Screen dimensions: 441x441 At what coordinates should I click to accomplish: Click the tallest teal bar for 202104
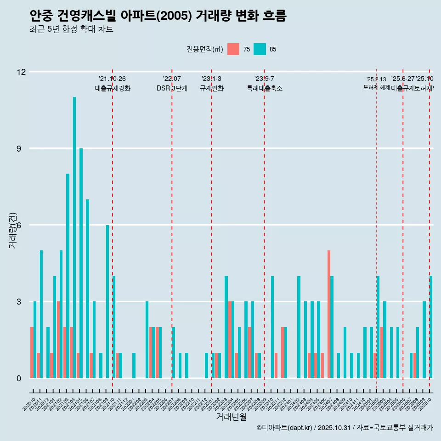74,237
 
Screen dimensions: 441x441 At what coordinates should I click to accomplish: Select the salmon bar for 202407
329,314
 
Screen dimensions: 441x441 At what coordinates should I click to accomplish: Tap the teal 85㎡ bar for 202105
81,263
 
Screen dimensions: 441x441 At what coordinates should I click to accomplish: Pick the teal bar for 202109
107,301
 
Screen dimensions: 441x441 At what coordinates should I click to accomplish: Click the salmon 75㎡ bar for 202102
58,339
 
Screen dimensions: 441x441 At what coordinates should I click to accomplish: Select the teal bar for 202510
431,327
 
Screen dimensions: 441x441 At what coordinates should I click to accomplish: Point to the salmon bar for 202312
283,352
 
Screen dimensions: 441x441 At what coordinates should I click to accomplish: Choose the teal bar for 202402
299,327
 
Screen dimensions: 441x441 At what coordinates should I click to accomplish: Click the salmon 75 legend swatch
233,49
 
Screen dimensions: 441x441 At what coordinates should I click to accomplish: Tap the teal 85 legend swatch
260,49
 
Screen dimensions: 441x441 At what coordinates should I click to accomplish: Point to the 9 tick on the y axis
21,148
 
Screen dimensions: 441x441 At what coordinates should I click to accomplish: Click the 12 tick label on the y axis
21,72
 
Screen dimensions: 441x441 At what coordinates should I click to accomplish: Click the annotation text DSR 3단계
172,88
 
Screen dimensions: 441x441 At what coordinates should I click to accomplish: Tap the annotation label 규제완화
211,88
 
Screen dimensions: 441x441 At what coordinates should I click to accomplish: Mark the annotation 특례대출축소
265,88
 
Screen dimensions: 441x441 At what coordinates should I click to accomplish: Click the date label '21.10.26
112,79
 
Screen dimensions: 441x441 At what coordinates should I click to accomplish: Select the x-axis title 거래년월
231,417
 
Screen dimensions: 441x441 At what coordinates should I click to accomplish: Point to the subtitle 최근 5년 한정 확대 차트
71,29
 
